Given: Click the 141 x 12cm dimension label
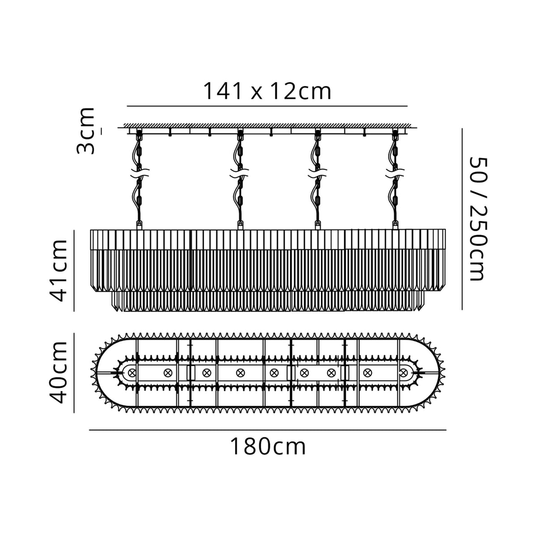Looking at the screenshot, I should (267, 91).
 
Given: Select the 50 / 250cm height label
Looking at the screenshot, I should (475, 218).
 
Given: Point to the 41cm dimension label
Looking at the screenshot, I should (58, 270).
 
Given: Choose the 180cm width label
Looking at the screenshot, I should (268, 446).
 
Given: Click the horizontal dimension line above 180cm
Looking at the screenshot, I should (268, 430).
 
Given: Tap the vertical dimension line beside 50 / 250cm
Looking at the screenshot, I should (461, 218).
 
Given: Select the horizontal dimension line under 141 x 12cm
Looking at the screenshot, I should (267, 106).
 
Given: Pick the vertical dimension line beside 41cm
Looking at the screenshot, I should (74, 270).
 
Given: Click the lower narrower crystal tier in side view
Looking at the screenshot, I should (268, 301).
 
